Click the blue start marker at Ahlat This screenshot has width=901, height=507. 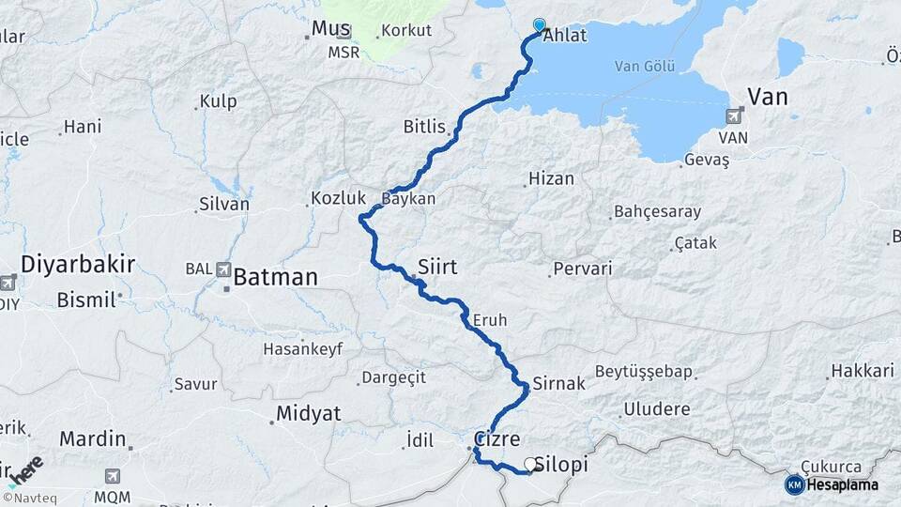click(x=539, y=25)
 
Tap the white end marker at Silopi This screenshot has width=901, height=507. click(x=531, y=464)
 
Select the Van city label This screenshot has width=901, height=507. click(x=767, y=97)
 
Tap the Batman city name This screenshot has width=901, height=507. click(x=275, y=277)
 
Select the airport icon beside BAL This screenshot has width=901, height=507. click(x=223, y=269)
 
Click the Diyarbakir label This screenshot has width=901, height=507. click(x=78, y=263)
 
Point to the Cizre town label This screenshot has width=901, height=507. click(x=496, y=439)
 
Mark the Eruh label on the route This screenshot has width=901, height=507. click(x=489, y=320)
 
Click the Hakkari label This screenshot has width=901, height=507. click(x=863, y=372)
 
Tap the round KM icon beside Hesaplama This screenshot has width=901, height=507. click(x=794, y=484)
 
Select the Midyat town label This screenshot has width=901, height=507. click(x=308, y=413)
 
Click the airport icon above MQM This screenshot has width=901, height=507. click(x=114, y=476)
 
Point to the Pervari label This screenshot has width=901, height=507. click(x=584, y=269)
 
